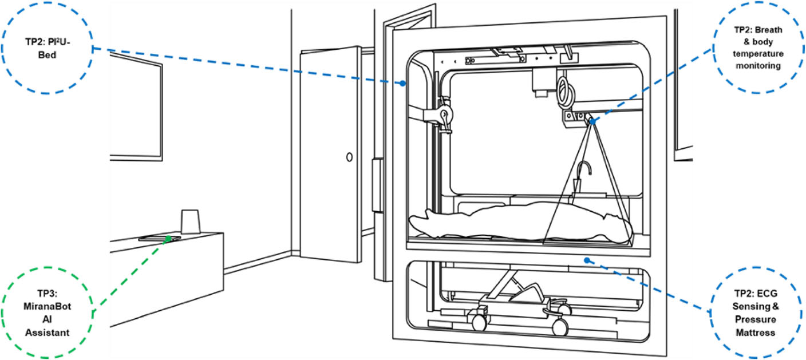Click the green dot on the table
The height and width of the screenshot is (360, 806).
coord(168,237)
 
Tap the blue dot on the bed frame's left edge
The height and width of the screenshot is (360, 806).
coord(403,83)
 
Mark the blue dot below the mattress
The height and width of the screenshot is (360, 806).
coord(587,260)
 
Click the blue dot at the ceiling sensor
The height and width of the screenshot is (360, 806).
coord(591,121)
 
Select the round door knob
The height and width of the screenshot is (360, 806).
coord(349,156)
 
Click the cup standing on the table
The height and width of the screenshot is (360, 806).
coord(189,221)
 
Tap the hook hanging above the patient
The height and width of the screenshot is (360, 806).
coord(582,172)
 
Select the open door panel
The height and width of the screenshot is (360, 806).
coord(329,160)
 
